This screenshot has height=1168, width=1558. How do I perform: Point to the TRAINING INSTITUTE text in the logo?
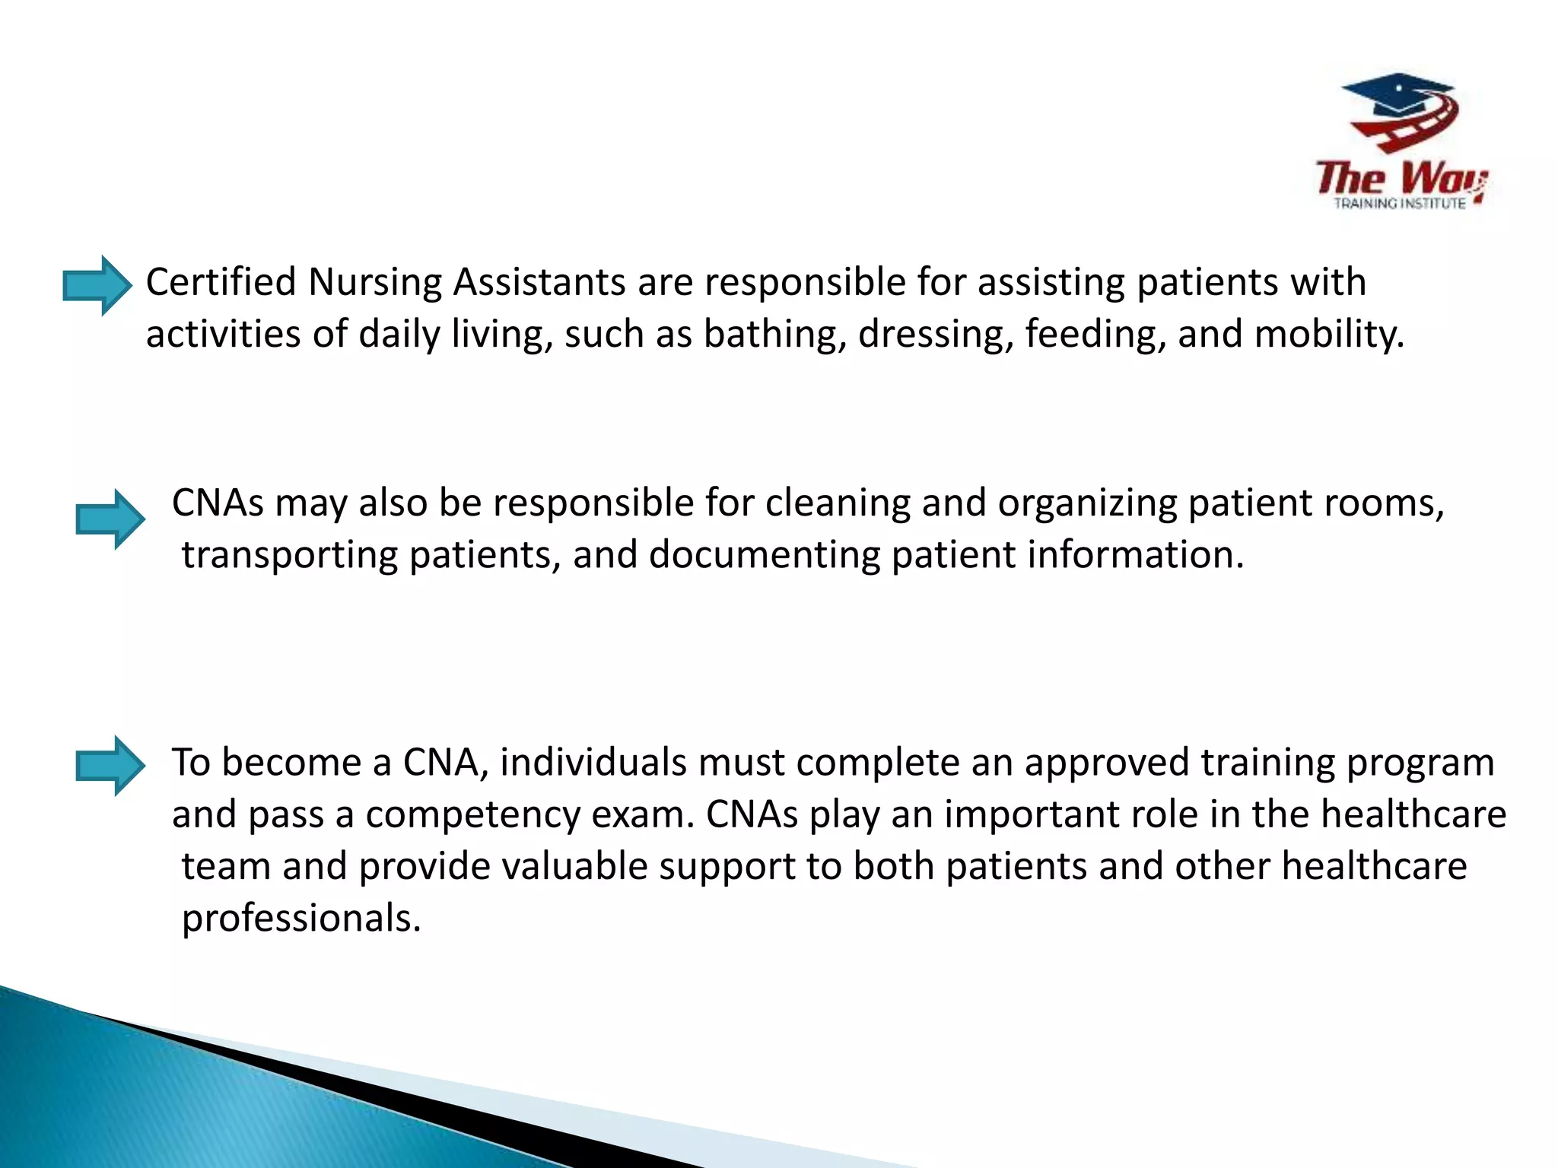1400,204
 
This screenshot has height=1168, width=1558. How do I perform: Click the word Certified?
221,282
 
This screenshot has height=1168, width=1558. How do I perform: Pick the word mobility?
1328,335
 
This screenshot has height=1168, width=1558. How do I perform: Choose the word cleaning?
837,503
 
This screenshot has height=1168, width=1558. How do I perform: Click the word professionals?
301,919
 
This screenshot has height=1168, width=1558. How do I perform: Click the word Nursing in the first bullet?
374,282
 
